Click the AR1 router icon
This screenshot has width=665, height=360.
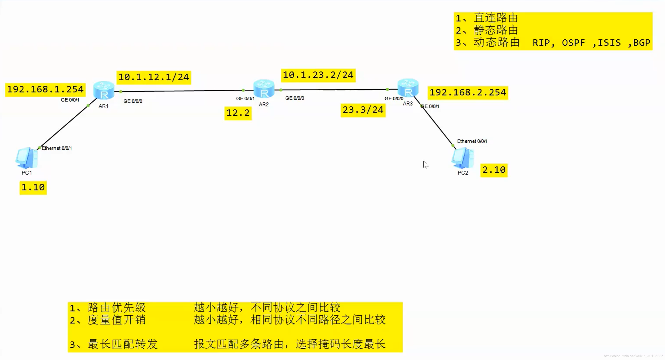[104, 91]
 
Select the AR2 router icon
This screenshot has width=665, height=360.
[264, 89]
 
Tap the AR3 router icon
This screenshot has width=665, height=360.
[408, 88]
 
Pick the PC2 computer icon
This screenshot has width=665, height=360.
[462, 158]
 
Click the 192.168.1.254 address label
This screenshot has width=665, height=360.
[45, 89]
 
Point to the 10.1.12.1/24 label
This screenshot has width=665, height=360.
[154, 77]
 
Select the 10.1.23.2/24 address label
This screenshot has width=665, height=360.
[318, 75]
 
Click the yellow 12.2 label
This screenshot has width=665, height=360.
[238, 113]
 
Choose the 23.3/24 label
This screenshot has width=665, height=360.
[363, 110]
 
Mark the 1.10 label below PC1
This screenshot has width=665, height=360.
[33, 187]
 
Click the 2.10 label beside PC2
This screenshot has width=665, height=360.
[494, 170]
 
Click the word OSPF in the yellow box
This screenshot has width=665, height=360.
[573, 43]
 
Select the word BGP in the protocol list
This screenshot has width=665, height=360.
[641, 43]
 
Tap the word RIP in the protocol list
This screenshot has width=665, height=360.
[541, 43]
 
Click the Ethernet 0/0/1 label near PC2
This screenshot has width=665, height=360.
[472, 141]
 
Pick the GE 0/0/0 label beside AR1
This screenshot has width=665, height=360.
[133, 101]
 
